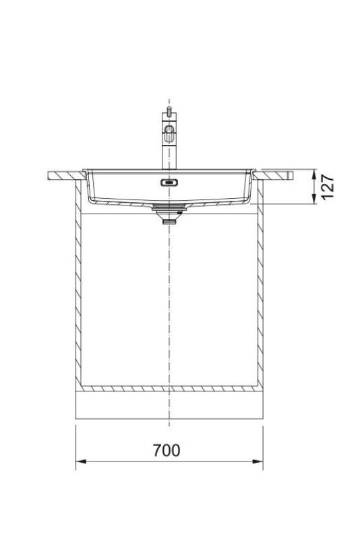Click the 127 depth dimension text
click(x=328, y=187)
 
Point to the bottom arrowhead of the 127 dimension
click(x=314, y=201)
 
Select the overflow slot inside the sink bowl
click(x=168, y=181)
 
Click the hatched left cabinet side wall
click(x=78, y=296)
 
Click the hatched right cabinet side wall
click(x=260, y=296)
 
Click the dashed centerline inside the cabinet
click(x=169, y=303)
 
